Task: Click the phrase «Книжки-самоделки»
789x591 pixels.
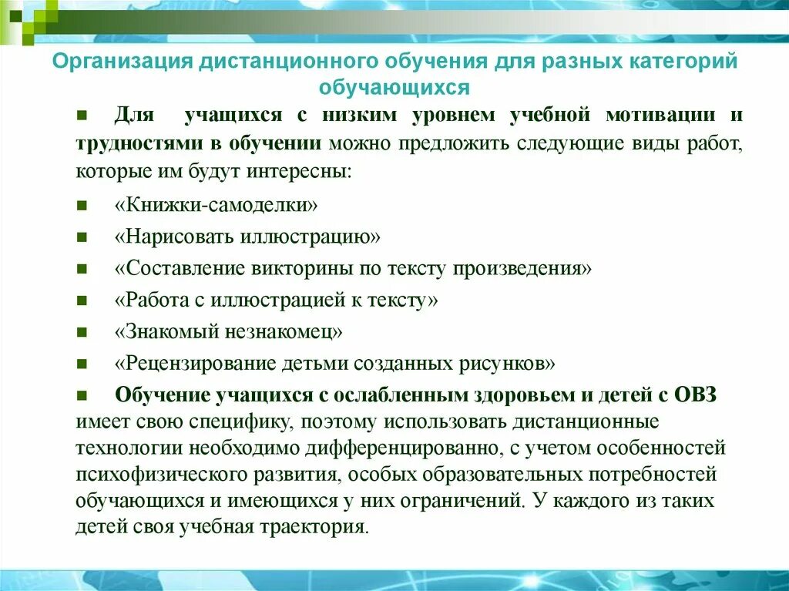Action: (x=217, y=207)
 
